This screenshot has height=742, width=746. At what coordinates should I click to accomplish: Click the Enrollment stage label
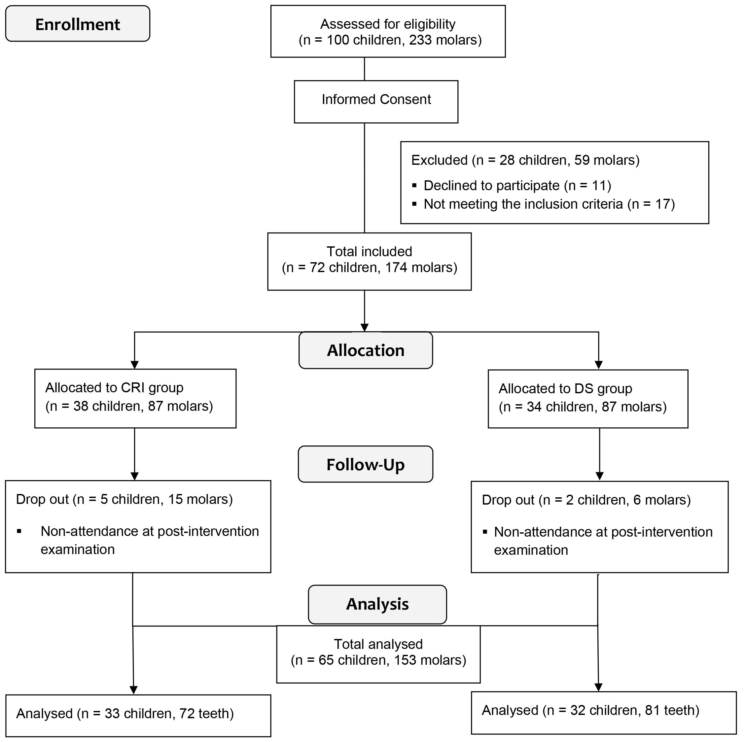(78, 24)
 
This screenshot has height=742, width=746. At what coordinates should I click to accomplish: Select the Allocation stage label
(365, 350)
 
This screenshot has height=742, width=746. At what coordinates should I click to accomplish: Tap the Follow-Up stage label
(365, 464)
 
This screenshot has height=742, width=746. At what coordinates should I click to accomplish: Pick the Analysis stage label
(377, 604)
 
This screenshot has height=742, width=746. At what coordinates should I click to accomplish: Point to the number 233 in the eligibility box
(420, 40)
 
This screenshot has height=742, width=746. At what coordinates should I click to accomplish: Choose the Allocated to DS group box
(588, 399)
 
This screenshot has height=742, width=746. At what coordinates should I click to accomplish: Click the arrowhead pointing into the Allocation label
(365, 327)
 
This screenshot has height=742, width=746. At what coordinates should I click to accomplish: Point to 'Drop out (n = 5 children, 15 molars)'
(124, 499)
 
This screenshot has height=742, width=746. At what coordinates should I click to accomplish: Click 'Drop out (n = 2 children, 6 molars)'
(586, 500)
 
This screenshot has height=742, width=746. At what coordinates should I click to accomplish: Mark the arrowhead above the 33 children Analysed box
(133, 690)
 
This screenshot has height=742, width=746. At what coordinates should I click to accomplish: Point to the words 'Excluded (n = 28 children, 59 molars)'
(525, 160)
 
